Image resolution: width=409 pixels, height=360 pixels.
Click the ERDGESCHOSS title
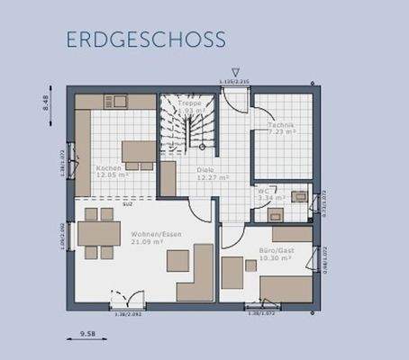[x=145, y=40]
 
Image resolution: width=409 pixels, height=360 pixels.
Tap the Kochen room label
[x=109, y=167]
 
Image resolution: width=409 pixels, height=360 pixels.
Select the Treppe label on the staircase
[x=189, y=103]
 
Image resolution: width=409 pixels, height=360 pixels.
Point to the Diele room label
[x=205, y=168]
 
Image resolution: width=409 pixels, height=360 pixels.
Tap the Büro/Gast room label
[x=275, y=249]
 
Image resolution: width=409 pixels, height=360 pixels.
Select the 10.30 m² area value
[x=275, y=258]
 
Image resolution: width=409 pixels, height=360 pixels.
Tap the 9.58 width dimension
[x=87, y=333]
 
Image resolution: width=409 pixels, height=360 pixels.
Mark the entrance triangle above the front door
[x=235, y=72]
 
